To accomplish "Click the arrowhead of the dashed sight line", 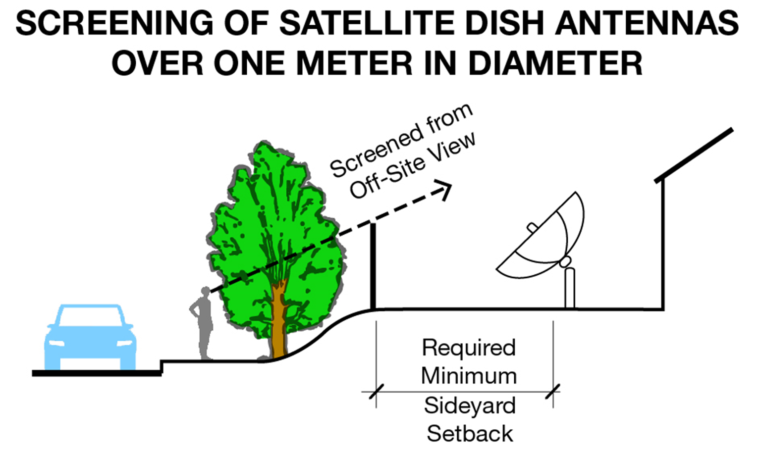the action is (445, 189).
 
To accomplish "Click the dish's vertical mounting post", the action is (570, 289).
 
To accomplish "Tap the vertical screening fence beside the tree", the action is (373, 267).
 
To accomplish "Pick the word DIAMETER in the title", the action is (555, 63).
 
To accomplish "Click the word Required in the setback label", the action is (469, 348).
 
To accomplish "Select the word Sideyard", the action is (470, 405).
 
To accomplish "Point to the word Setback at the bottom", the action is (470, 434).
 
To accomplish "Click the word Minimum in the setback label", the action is (469, 376).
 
